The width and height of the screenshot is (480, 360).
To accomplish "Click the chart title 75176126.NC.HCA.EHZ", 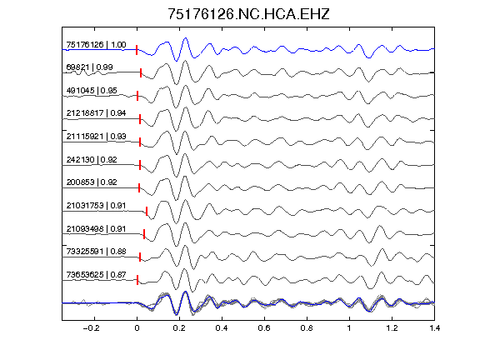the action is point(248,14).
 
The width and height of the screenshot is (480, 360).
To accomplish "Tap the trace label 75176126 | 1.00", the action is point(96,45).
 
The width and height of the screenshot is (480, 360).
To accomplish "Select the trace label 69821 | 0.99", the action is point(89,67).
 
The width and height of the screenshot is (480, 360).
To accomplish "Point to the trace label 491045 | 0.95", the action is point(92,90).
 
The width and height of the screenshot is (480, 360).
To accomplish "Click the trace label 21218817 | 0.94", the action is point(96,113).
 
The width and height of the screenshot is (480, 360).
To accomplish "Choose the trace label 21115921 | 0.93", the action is point(96,136).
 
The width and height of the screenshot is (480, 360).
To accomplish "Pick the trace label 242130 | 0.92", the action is point(92,159).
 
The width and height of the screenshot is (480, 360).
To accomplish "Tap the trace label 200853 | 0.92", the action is point(92,182).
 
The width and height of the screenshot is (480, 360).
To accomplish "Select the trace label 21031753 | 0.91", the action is point(96,205).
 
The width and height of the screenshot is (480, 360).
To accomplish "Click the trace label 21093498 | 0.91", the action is point(96,228).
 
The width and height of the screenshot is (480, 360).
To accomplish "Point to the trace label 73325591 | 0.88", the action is point(96,252).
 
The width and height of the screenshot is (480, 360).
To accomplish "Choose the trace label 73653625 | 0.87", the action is point(96,275).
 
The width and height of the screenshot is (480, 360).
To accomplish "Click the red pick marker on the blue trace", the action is point(137,50).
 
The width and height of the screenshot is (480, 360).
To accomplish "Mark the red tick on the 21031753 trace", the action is point(147,211).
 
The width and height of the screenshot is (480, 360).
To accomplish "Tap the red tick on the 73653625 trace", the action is point(137,280).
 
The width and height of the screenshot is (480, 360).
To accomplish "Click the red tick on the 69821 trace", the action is point(141,72).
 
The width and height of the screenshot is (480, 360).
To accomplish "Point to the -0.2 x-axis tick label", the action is point(91,328).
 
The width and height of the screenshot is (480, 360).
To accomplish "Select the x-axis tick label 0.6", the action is point(264,328).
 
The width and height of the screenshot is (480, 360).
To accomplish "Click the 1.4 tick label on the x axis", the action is point(435,328).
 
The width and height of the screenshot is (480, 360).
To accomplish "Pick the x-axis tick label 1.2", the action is point(392,328).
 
